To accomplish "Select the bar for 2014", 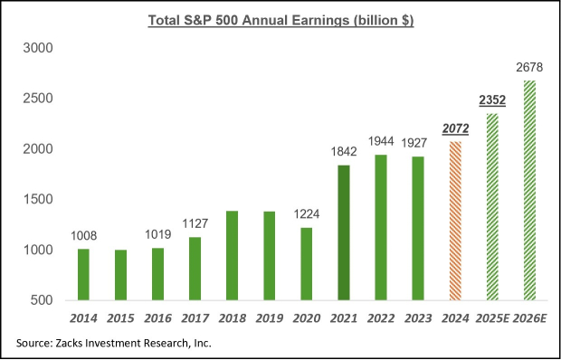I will click(x=84, y=274).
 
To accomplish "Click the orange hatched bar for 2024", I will click(x=455, y=221).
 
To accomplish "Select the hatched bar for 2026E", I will click(x=529, y=190).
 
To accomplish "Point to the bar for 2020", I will click(x=307, y=263).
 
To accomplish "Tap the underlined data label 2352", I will click(x=492, y=101).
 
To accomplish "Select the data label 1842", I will click(x=344, y=153).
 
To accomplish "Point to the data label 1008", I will click(x=84, y=236).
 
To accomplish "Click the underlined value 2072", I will click(x=455, y=130).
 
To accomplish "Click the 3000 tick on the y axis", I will click(x=43, y=48).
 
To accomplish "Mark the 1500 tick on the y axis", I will click(x=43, y=199).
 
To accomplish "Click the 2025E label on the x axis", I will click(x=490, y=318).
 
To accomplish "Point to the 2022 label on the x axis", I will click(x=381, y=318).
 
